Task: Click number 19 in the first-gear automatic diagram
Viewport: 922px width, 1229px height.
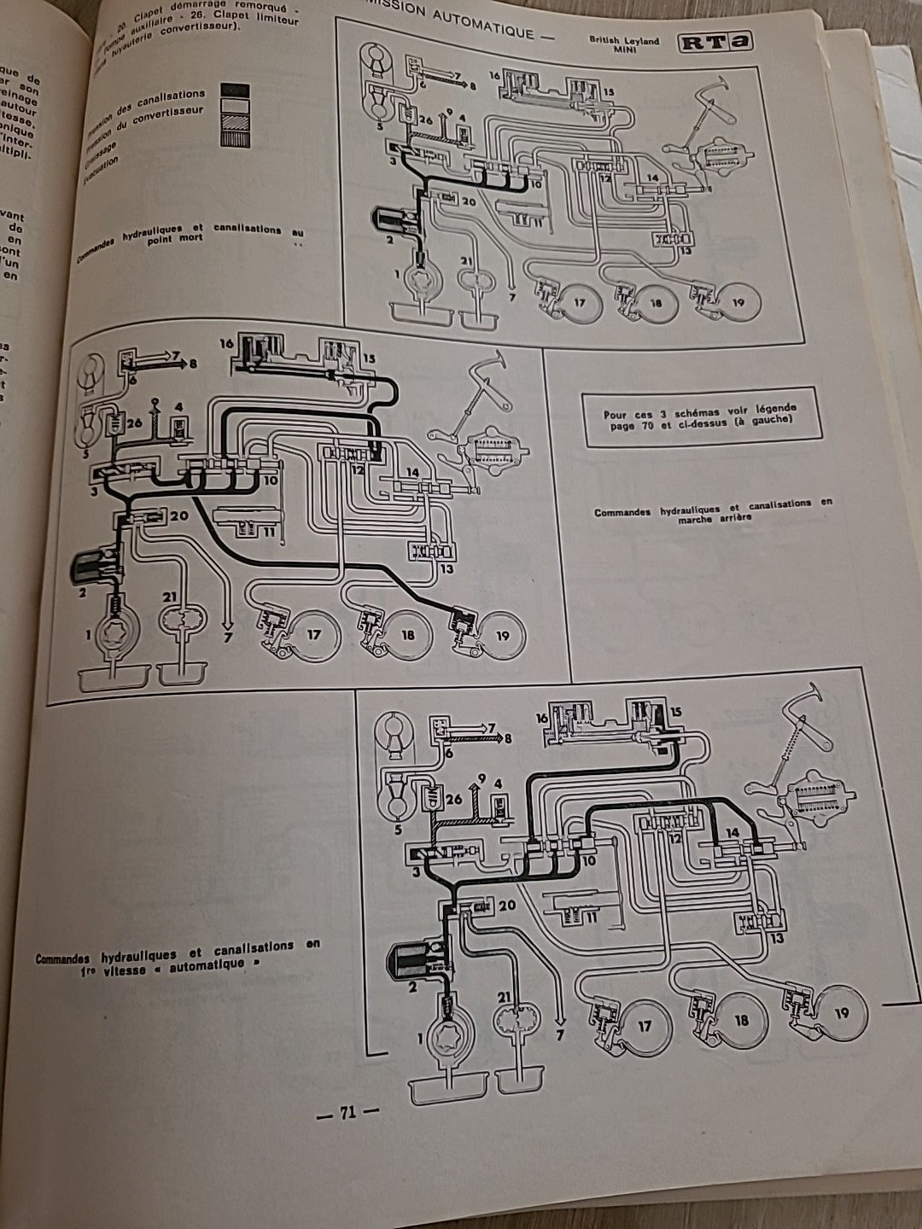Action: point(841,1013)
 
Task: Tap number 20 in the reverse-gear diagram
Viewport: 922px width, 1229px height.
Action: point(179,515)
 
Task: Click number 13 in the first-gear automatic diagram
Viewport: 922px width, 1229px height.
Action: point(776,939)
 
